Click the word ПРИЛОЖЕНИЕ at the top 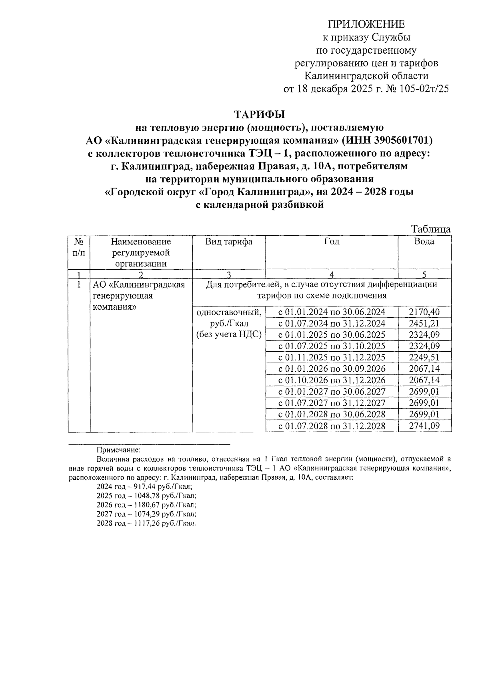(x=366, y=25)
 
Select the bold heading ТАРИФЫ (x=259, y=115)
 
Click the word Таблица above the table (x=431, y=229)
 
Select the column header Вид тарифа (x=229, y=242)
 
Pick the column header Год (x=332, y=242)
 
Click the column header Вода (x=424, y=242)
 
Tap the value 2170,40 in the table (x=424, y=312)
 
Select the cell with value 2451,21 (x=424, y=323)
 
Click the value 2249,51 (x=424, y=357)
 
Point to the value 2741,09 (x=424, y=426)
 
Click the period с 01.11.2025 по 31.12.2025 (x=332, y=357)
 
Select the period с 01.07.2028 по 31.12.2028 (x=332, y=426)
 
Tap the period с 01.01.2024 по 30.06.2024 (x=332, y=312)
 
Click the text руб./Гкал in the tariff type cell (x=229, y=323)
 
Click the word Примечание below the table (x=119, y=450)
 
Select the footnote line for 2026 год (x=146, y=505)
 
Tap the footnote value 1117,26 (x=144, y=523)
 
